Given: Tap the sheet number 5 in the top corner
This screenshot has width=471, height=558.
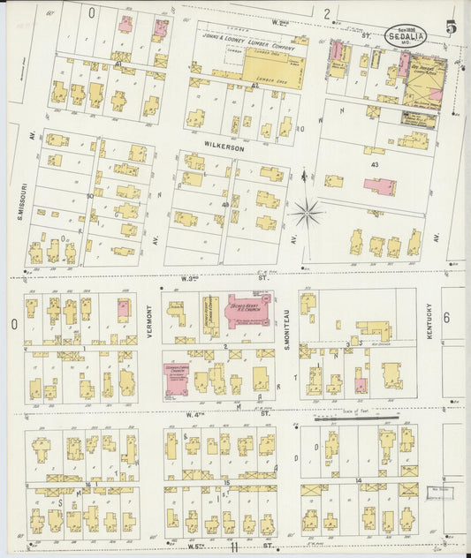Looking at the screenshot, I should click(x=452, y=28).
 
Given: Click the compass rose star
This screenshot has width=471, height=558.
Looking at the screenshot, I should click(x=308, y=212).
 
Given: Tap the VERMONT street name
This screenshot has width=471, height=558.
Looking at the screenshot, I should click(x=149, y=327).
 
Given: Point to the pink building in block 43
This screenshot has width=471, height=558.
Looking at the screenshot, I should click(x=380, y=186).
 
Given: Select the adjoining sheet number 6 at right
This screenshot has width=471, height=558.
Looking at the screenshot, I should click(x=446, y=318).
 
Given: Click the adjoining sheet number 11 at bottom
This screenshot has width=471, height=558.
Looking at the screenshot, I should click(x=233, y=548).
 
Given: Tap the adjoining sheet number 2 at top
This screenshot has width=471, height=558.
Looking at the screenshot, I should click(x=326, y=13).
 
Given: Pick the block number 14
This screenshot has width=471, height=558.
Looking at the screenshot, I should click(x=359, y=480).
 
